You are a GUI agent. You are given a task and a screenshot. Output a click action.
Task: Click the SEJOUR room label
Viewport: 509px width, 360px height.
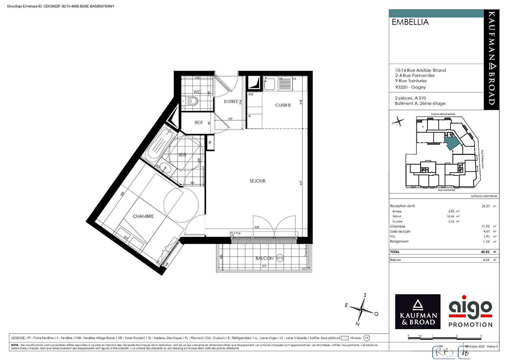[x=257, y=181]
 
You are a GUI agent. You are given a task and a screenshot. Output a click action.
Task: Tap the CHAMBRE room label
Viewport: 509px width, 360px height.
[x=143, y=216]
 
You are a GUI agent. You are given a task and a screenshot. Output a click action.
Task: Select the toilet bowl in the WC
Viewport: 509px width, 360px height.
[x=191, y=101]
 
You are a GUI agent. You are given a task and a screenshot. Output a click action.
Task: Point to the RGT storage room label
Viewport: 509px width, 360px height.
[x=199, y=123]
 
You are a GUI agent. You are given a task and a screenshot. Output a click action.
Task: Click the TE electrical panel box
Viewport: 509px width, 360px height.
[x=210, y=143]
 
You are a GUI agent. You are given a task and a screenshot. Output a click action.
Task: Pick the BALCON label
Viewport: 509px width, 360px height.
[x=264, y=258]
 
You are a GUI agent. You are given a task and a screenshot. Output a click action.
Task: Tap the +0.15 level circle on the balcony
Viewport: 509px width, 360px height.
[x=280, y=258]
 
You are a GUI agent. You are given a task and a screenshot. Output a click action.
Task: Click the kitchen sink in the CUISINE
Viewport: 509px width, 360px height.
[x=269, y=84]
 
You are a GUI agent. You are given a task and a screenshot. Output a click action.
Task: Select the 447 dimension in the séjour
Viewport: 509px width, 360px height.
[x=301, y=183]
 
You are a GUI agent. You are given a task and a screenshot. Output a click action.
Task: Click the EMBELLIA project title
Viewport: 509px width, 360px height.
[x=410, y=22]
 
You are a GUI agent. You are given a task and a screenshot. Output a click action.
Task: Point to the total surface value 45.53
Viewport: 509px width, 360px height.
[x=485, y=252]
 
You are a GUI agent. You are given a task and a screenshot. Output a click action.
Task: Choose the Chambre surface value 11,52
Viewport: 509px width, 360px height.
[x=485, y=226]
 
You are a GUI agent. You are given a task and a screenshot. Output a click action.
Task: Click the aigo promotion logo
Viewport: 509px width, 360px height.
[x=470, y=311]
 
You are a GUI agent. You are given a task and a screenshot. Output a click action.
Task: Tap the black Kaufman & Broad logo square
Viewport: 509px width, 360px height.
[x=418, y=311]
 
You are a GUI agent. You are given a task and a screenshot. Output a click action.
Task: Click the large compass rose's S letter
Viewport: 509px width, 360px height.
[x=365, y=295]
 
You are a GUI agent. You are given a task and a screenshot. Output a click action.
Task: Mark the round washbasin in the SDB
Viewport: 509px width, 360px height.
[x=166, y=168]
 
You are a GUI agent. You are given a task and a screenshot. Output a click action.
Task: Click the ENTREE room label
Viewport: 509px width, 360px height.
[x=231, y=102]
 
